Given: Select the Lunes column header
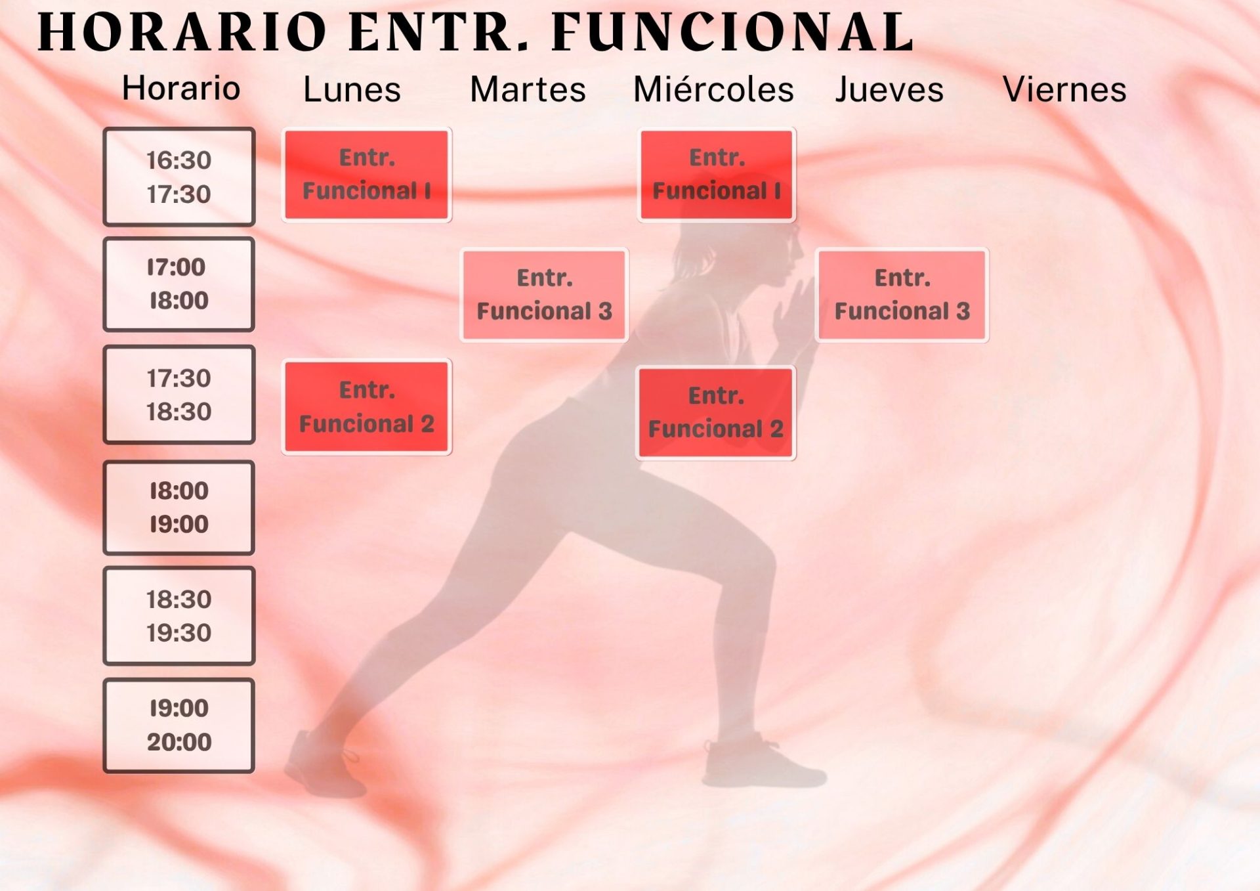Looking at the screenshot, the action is (352, 89).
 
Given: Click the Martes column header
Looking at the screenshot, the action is (528, 89).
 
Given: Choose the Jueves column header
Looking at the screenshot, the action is (889, 89).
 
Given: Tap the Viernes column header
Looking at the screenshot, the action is (1064, 89).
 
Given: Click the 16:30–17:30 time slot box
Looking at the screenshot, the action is (179, 177).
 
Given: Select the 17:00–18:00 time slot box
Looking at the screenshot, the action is (178, 284).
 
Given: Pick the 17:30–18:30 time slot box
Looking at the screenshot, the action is (179, 395).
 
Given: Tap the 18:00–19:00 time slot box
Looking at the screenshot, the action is (178, 508).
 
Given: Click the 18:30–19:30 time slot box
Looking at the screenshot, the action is (179, 616).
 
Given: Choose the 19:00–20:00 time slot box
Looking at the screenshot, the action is (178, 726).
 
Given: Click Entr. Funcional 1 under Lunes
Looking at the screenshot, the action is (367, 175).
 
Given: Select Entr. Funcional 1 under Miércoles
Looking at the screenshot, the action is (717, 175).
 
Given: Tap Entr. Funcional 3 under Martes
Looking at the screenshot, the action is (545, 295).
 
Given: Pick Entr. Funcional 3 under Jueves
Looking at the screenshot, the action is (902, 295).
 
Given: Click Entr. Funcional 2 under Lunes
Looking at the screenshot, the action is (367, 407).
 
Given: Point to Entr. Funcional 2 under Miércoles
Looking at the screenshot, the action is (716, 412).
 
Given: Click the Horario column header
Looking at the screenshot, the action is (181, 88).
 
